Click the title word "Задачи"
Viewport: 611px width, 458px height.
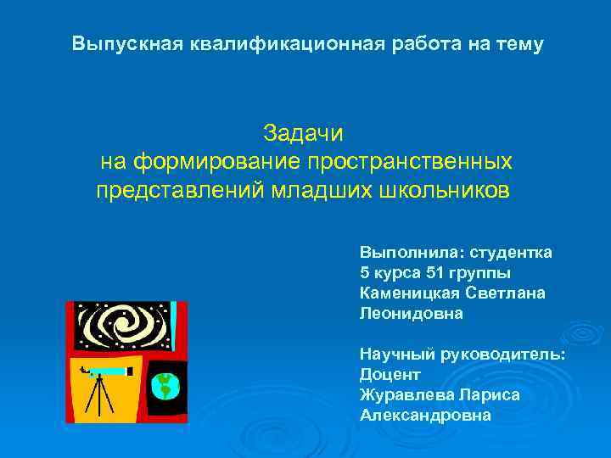click(x=303, y=134)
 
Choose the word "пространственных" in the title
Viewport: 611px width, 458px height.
click(x=410, y=161)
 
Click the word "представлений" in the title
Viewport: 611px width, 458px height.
click(x=179, y=188)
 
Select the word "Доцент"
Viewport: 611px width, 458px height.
click(x=390, y=374)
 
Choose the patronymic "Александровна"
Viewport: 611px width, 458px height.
click(x=425, y=415)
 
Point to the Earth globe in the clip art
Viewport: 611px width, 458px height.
click(x=165, y=386)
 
